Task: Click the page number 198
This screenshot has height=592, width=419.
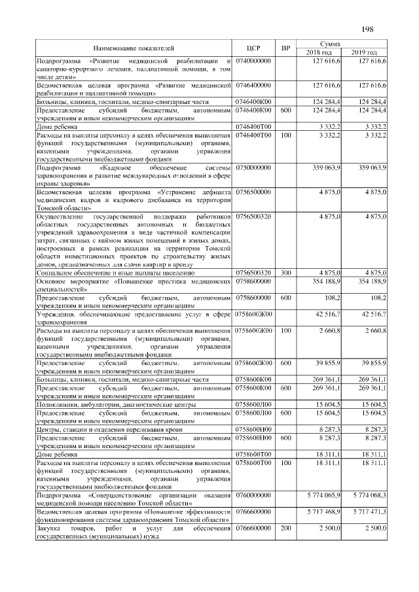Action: click(367, 29)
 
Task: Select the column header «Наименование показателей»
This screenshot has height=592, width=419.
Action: click(134, 48)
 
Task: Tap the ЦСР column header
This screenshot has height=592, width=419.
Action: click(254, 48)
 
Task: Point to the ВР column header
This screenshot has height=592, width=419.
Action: click(285, 48)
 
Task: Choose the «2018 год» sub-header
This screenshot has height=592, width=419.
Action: click(320, 52)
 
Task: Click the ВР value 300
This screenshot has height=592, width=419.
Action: click(285, 272)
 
